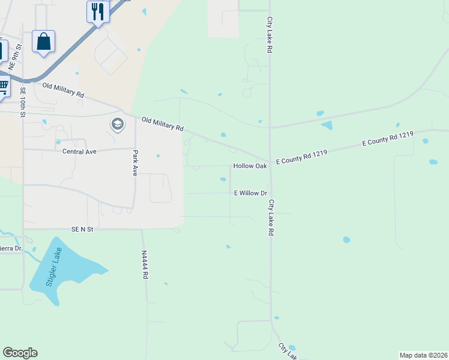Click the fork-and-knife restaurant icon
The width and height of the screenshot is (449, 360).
[98, 11]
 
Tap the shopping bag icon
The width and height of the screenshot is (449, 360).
[43, 41]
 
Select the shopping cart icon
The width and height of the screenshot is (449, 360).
[3, 86]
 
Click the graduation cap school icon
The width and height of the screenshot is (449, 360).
[118, 124]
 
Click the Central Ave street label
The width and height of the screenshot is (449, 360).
[79, 151]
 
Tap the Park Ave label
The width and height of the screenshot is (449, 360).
[136, 163]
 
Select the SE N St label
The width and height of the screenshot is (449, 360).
[83, 229]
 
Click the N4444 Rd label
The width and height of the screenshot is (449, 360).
[145, 265]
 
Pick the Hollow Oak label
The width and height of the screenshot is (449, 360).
[250, 166]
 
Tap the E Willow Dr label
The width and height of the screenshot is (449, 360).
[250, 193]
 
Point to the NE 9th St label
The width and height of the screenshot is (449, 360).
[17, 54]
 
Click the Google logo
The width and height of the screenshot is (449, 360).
[20, 353]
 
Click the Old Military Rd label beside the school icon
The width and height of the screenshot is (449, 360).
[163, 124]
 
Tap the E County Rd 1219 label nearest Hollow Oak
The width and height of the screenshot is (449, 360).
[301, 158]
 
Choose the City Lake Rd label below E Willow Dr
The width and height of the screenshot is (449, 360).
[271, 217]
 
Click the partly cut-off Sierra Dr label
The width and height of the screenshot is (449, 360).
[10, 248]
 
